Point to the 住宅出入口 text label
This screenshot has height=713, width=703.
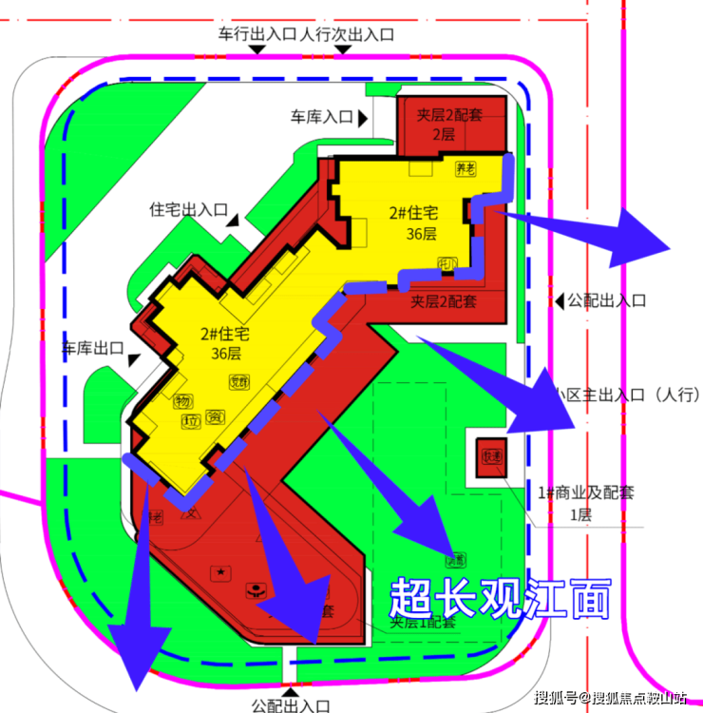(188, 208)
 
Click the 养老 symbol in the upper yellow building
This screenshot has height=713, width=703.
(465, 169)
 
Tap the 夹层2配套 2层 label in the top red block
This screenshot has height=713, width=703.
(448, 125)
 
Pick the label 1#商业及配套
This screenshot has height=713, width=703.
(586, 492)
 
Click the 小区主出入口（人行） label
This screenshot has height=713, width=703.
(628, 394)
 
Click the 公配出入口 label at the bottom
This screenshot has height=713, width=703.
(291, 705)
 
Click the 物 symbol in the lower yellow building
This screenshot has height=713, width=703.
(182, 402)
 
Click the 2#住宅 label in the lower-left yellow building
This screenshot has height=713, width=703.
(225, 334)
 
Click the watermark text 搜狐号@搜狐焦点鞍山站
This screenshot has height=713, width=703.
(610, 700)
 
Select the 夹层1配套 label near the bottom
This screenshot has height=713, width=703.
(423, 623)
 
